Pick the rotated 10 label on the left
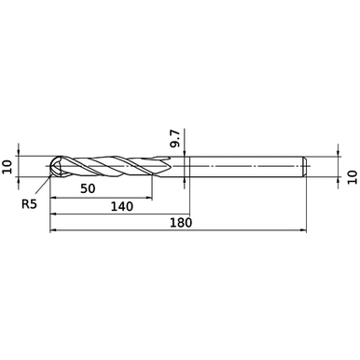tap(8, 166)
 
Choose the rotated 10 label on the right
tap(352, 174)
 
